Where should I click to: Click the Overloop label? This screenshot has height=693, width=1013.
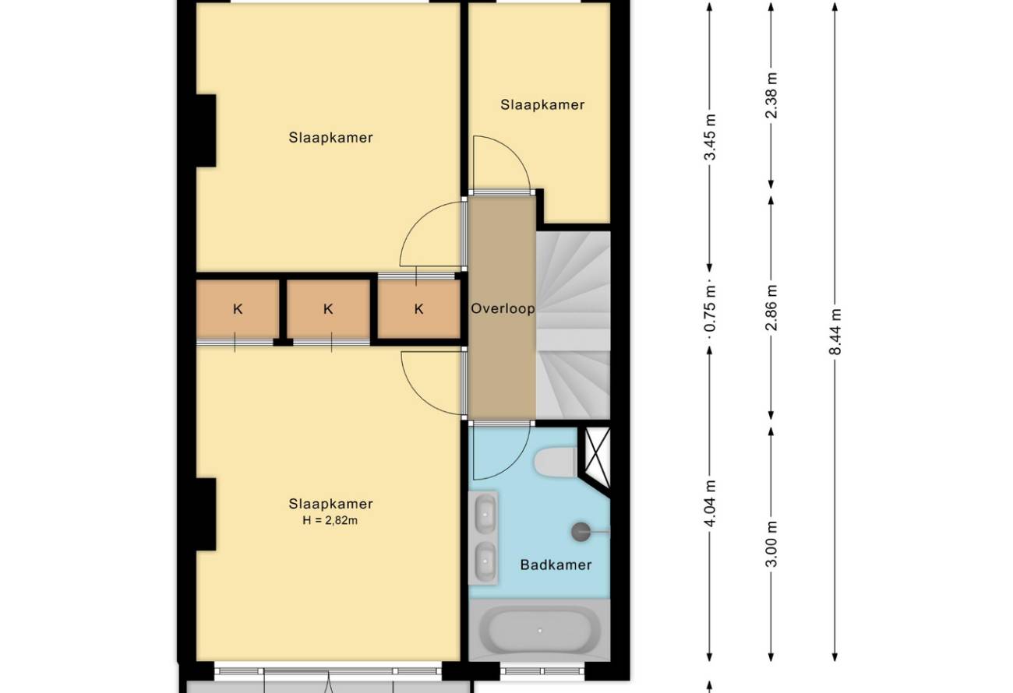tap(503, 308)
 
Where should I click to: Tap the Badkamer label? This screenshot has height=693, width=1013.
tap(556, 565)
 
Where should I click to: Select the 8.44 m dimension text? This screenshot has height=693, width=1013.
tap(835, 332)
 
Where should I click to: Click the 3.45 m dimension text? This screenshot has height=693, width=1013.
tap(710, 137)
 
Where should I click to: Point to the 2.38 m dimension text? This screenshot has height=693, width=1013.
tap(771, 95)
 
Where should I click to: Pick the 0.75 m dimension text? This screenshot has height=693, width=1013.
tap(710, 308)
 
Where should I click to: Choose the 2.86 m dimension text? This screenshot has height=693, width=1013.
tap(771, 308)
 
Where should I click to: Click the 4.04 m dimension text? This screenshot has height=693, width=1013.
tap(710, 503)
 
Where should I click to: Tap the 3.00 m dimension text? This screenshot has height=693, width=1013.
tap(771, 543)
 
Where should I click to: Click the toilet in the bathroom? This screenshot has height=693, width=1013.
tap(556, 463)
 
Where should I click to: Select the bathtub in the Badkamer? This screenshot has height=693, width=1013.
tap(539, 630)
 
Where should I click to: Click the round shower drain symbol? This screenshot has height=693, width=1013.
tap(581, 532)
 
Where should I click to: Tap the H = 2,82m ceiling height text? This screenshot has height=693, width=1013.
tap(330, 520)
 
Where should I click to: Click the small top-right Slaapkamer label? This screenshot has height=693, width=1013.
tap(542, 105)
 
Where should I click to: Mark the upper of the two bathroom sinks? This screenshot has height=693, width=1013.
tap(485, 514)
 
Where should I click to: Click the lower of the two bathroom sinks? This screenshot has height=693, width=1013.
tap(485, 561)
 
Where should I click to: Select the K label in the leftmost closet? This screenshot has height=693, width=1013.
tap(238, 309)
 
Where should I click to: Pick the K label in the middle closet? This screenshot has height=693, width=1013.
tap(328, 309)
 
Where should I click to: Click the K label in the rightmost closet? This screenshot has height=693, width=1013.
tap(418, 309)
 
